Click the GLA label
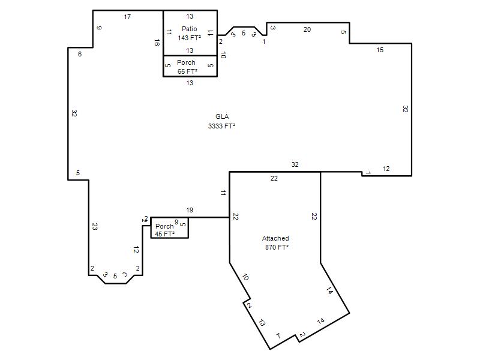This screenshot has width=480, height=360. pyautogui.click(x=222, y=116)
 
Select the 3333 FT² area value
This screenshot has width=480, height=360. pyautogui.click(x=221, y=126)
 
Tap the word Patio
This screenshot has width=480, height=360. pyautogui.click(x=189, y=29)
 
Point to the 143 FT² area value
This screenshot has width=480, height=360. pyautogui.click(x=189, y=38)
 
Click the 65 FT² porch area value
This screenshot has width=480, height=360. pyautogui.click(x=187, y=71)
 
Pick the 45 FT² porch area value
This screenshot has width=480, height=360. pyautogui.click(x=164, y=234)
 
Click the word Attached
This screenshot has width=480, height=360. pyautogui.click(x=275, y=238)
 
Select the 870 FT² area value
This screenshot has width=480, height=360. pyautogui.click(x=277, y=247)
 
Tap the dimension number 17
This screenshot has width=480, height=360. pyautogui.click(x=127, y=17)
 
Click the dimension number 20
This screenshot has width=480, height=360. pyautogui.click(x=307, y=29)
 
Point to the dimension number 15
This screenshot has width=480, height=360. pyautogui.click(x=380, y=50)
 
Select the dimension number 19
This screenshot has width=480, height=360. pyautogui.click(x=190, y=210)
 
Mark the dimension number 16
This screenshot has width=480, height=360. pyautogui.click(x=157, y=43)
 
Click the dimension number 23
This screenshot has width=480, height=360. pyautogui.click(x=95, y=227)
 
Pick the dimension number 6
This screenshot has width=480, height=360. pyautogui.click(x=80, y=54)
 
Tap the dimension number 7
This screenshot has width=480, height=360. pyautogui.click(x=278, y=336)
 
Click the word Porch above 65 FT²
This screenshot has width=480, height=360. pyautogui.click(x=186, y=62)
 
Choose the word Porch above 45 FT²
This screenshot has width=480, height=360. pyautogui.click(x=164, y=226)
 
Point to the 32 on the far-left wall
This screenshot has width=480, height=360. pyautogui.click(x=74, y=113)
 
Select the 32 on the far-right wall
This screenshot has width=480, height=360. pyautogui.click(x=405, y=109)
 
